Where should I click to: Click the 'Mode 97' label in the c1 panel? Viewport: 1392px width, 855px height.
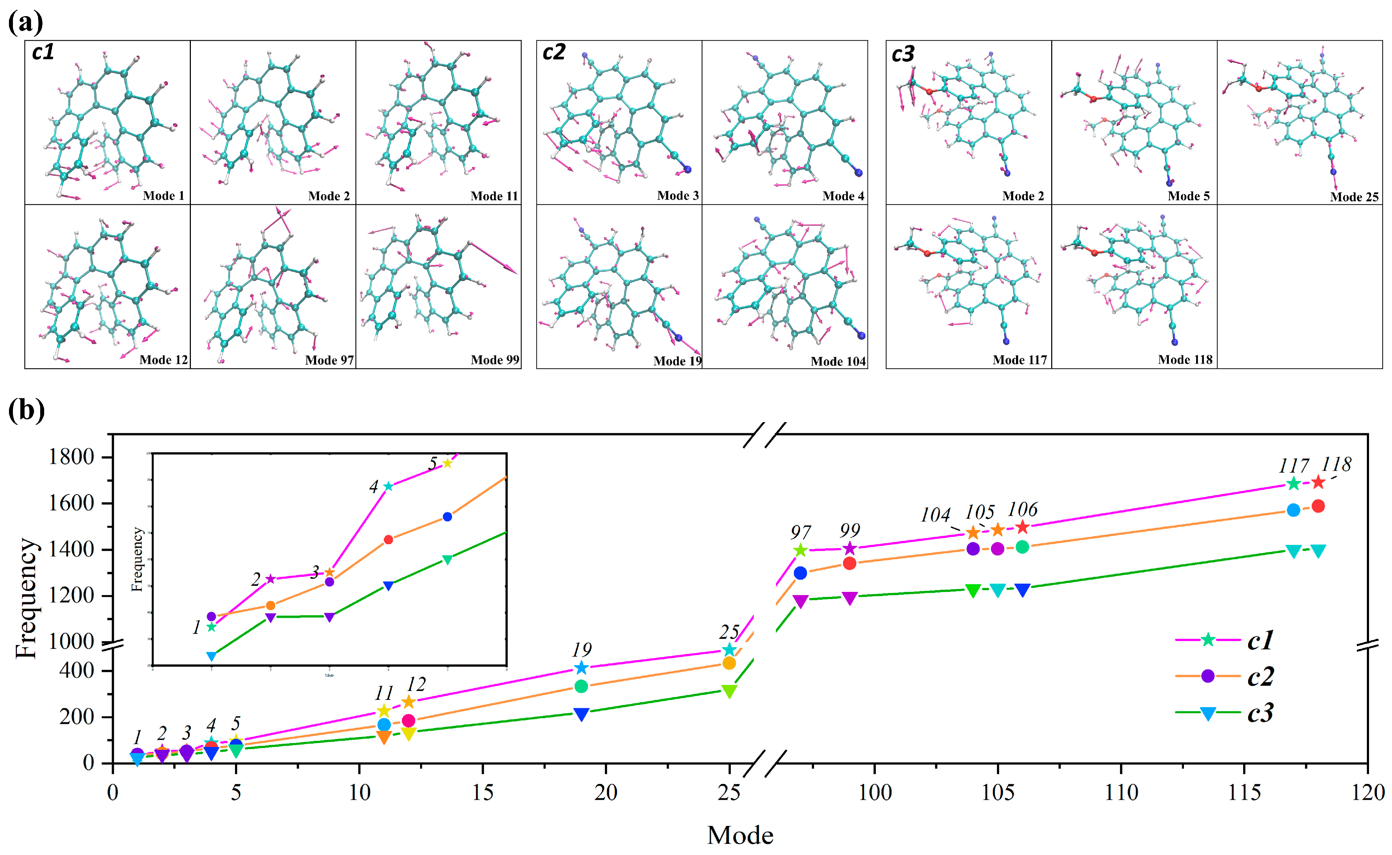(x=329, y=360)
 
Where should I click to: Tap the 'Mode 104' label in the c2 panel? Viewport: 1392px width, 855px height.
(x=838, y=361)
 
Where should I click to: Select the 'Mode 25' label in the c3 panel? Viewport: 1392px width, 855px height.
(x=1354, y=197)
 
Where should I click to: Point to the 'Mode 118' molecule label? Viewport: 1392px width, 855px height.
(x=1185, y=360)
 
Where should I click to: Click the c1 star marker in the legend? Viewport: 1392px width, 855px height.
(x=1208, y=640)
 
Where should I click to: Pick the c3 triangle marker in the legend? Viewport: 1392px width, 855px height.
(x=1208, y=714)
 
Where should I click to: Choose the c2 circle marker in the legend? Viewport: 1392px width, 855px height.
(x=1208, y=676)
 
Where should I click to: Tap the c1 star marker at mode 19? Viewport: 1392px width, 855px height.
(x=581, y=668)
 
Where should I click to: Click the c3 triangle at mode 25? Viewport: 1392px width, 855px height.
(x=729, y=691)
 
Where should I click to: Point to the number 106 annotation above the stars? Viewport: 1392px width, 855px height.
(x=1022, y=509)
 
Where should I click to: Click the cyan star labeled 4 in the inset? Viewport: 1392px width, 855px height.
(x=388, y=486)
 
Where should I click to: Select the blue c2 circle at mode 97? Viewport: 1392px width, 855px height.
(x=800, y=573)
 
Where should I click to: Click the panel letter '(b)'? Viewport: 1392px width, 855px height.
(x=26, y=410)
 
